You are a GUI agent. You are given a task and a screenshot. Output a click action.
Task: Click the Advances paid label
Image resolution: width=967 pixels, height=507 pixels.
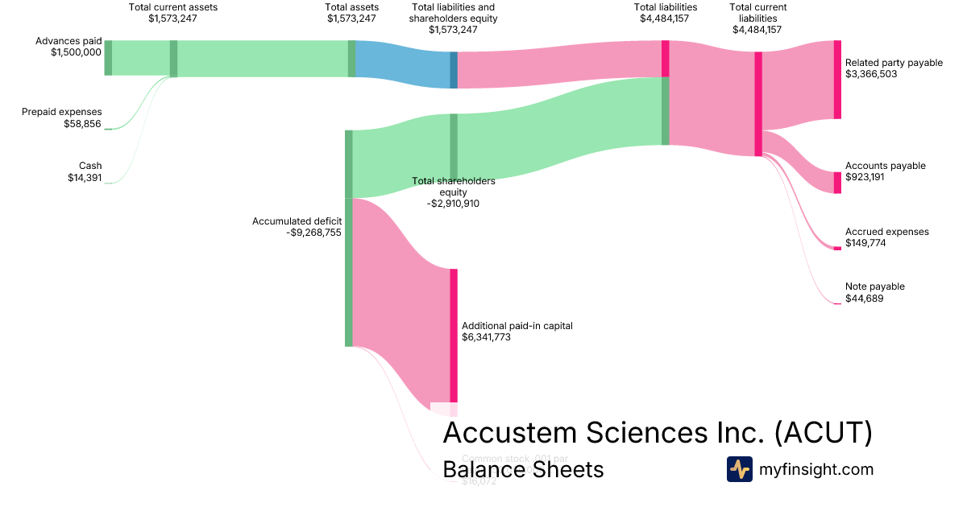click(68, 41)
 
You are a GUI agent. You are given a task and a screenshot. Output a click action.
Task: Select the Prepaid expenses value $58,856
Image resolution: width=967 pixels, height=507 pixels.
click(83, 124)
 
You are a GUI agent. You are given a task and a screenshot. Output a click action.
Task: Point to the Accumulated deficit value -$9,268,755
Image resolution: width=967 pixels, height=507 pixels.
click(313, 233)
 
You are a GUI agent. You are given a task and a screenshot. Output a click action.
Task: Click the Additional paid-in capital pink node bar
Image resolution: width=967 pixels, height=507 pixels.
click(454, 334)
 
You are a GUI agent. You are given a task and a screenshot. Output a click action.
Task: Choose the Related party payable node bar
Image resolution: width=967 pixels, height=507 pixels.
click(837, 79)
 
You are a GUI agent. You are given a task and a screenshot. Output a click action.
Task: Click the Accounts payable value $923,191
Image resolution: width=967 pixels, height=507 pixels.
click(865, 177)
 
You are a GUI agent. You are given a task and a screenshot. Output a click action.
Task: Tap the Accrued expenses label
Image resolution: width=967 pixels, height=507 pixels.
click(886, 232)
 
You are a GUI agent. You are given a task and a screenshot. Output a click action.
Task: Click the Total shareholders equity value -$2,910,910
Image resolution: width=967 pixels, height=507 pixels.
click(453, 204)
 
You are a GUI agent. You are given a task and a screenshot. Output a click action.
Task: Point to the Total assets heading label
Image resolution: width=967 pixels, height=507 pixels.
click(351, 7)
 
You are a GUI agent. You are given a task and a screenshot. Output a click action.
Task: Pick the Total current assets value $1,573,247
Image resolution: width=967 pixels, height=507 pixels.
click(172, 19)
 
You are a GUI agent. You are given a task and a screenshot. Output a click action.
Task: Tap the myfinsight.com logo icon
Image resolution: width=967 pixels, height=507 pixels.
click(740, 469)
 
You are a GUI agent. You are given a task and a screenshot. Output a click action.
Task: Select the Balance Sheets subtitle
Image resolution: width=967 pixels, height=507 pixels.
click(523, 469)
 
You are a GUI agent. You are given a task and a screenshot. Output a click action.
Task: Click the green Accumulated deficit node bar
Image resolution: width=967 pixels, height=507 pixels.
click(349, 237)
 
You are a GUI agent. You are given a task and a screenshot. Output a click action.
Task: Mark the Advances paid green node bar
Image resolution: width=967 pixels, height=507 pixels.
click(108, 57)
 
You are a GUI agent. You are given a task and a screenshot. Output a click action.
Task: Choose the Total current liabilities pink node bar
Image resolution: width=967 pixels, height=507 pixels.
click(758, 104)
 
